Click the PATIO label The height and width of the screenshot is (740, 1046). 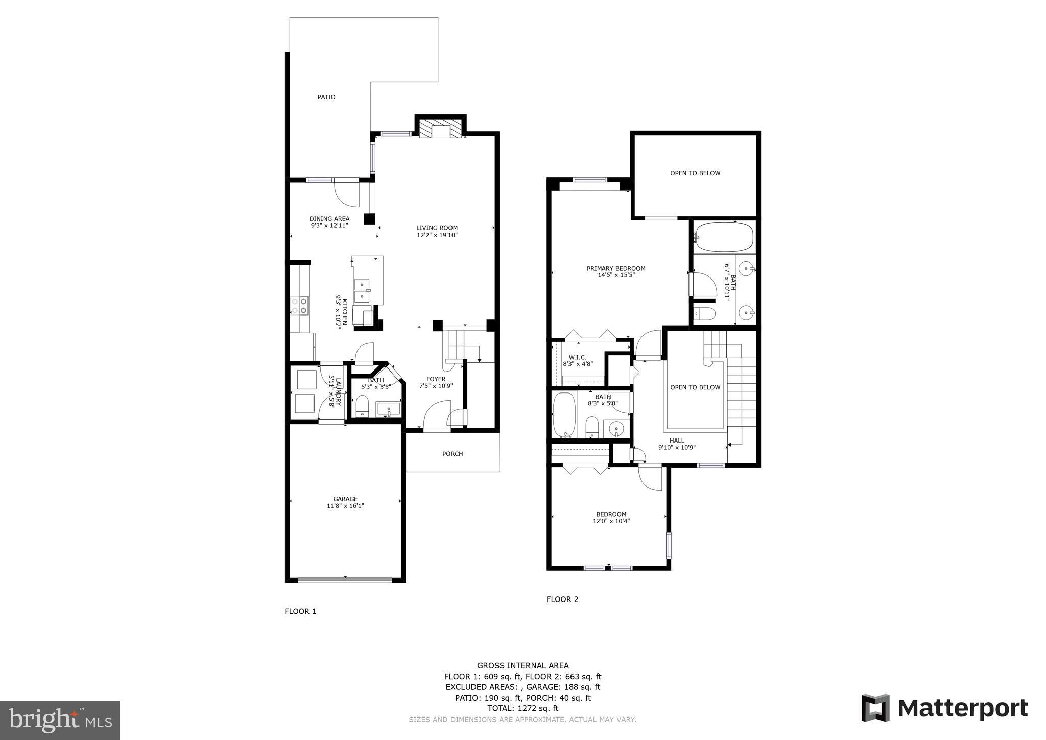pos(326,97)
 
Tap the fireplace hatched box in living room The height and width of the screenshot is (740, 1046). pos(440,128)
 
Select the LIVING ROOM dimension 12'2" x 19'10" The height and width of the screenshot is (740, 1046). pos(437,236)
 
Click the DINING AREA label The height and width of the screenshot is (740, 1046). pos(329,219)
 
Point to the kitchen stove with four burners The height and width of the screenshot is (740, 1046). pos(300,306)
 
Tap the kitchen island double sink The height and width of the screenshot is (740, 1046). pos(363,290)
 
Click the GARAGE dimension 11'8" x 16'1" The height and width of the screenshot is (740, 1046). pos(345,506)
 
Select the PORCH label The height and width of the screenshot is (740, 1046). pos(453,454)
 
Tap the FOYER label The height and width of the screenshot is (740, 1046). pos(436,379)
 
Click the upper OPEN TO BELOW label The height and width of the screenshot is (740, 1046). pos(695,173)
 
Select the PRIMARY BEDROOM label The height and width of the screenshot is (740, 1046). pos(616,268)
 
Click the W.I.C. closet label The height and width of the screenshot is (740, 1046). pos(577,357)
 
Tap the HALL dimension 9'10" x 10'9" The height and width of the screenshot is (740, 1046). pos(677,448)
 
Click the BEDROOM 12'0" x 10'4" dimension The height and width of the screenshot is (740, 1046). pos(611,522)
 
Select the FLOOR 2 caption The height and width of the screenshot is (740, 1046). pos(562,599)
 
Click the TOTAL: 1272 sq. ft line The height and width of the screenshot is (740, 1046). pos(522,708)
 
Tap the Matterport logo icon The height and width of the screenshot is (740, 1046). pos(875,708)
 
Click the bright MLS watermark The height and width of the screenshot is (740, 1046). pos(60,721)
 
